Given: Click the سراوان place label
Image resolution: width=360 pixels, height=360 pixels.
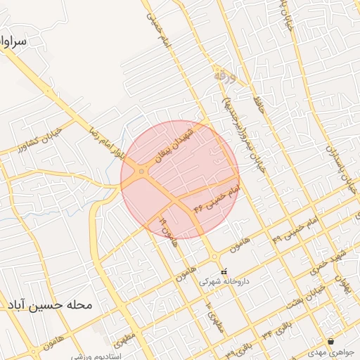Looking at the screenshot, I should coord(13,42).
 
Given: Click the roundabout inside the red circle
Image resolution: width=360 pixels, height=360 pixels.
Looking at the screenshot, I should coord(142,171).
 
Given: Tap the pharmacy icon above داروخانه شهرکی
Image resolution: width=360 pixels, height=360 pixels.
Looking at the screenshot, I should coord(224,271).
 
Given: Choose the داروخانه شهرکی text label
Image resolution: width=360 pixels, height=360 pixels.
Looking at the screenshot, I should coord(221,281).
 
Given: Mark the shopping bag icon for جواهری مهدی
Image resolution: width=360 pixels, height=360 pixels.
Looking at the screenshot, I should coord(330,342).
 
